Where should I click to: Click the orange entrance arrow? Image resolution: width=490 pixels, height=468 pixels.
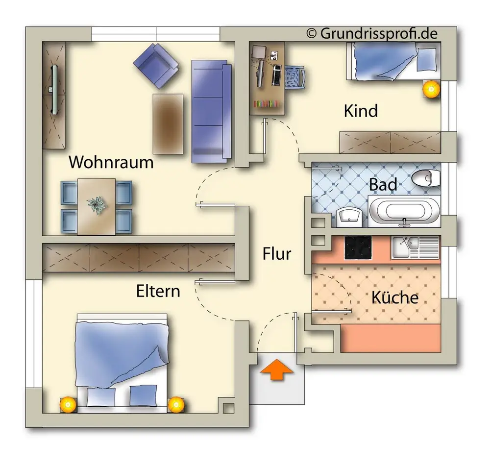[277, 369]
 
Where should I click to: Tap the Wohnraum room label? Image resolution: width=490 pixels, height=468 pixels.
[111, 162]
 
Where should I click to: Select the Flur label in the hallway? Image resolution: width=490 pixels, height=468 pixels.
[277, 254]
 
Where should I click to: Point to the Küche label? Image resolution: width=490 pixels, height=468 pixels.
[394, 297]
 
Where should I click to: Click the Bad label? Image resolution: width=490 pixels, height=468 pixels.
[383, 185]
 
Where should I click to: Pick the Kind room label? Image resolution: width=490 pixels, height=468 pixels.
[361, 111]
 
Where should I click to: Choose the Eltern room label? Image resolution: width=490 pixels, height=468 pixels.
[158, 291]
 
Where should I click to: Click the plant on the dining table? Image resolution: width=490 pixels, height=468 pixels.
[97, 205]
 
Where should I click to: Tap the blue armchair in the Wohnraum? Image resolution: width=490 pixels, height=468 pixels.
[156, 65]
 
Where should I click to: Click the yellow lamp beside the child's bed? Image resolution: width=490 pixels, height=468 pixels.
[431, 89]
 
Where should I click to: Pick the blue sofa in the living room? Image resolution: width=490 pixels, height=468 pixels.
[211, 111]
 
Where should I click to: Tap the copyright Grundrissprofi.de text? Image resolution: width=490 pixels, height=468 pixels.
[372, 33]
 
